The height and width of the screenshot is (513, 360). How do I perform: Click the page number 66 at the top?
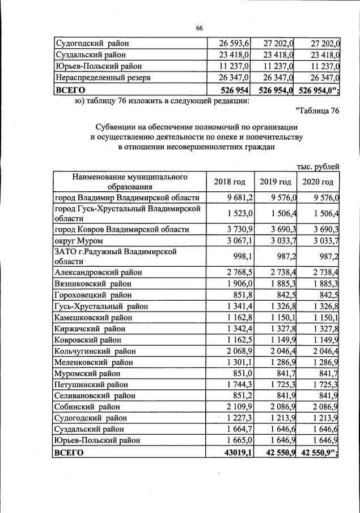[x=199, y=29]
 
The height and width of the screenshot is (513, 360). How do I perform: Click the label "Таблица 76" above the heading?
[x=317, y=111]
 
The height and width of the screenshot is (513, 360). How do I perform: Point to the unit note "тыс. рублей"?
[x=318, y=166]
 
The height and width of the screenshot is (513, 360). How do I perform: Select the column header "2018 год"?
[x=230, y=182]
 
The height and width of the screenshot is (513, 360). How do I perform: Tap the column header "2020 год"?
[x=319, y=182]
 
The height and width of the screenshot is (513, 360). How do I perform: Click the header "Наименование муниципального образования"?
[x=130, y=182]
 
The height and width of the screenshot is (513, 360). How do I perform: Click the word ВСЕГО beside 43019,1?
[x=69, y=452]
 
